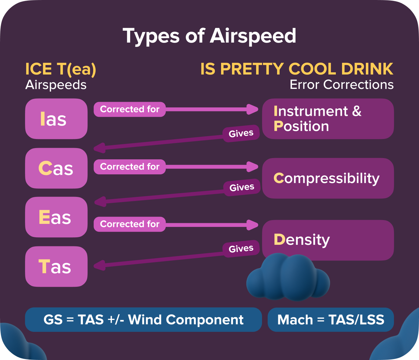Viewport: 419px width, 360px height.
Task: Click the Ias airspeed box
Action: pyautogui.click(x=56, y=119)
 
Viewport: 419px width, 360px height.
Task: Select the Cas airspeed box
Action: pyautogui.click(x=56, y=168)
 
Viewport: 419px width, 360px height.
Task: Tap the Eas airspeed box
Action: pyautogui.click(x=56, y=217)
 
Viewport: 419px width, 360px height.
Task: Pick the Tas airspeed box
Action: pyautogui.click(x=56, y=267)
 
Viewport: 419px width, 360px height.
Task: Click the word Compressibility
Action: pyautogui.click(x=326, y=178)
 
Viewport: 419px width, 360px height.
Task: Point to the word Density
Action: pyautogui.click(x=302, y=240)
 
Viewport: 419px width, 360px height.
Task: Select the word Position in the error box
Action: pyautogui.click(x=301, y=126)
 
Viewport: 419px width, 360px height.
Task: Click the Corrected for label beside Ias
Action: pyautogui.click(x=130, y=109)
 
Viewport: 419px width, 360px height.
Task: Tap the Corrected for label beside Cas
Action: pyautogui.click(x=130, y=167)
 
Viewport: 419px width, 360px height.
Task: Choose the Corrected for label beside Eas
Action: pyautogui.click(x=130, y=224)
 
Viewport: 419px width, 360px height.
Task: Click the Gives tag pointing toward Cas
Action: pyautogui.click(x=241, y=133)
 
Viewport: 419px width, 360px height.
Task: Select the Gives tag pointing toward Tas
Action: pyautogui.click(x=241, y=249)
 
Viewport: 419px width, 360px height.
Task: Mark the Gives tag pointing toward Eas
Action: pyautogui.click(x=242, y=188)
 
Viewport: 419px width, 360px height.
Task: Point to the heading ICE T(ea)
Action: pyautogui.click(x=61, y=69)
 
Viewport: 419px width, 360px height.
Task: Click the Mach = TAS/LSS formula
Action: pyautogui.click(x=331, y=320)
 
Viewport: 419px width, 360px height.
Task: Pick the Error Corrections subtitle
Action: pyautogui.click(x=341, y=85)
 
